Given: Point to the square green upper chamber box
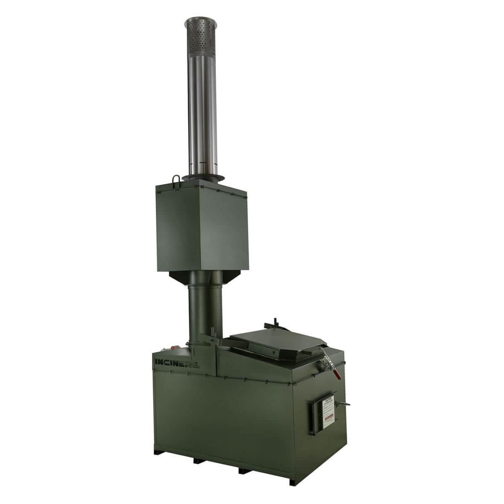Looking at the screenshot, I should [202, 227].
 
